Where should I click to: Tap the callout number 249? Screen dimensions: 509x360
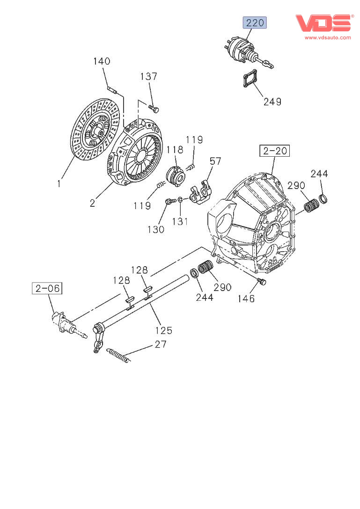[x=272, y=101]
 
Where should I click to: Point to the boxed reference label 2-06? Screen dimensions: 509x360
[x=47, y=288]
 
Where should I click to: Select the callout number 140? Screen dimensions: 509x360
[x=102, y=61]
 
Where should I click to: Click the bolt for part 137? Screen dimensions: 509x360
[x=154, y=109]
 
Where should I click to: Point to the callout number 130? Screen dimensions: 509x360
[x=156, y=229]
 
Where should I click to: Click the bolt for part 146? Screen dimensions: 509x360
[x=262, y=282]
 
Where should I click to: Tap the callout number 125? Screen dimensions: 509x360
[x=163, y=330]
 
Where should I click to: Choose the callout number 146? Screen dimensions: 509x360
[x=245, y=298]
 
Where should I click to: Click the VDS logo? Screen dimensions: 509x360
[x=323, y=23]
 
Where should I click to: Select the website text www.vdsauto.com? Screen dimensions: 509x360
[x=328, y=37]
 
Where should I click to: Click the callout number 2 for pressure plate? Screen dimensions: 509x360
[x=92, y=203]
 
